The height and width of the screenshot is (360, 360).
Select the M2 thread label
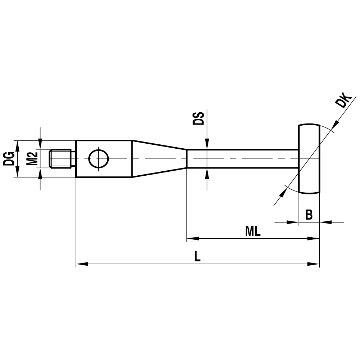point(33,158)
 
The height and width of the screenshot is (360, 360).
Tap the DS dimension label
point(198,118)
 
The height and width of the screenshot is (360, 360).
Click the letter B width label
point(309,215)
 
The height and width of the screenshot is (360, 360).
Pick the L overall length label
point(197,257)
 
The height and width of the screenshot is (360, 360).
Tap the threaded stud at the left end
point(60,159)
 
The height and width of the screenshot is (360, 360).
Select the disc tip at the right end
point(309,158)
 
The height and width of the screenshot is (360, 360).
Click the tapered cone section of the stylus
point(158,158)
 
